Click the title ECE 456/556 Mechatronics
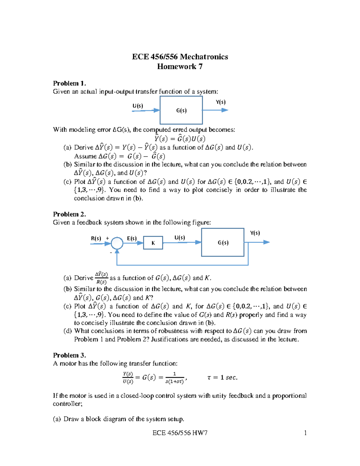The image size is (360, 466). point(180,57)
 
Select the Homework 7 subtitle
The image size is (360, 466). point(180,67)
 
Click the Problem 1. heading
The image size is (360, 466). point(69,83)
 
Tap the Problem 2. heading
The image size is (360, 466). point(69,214)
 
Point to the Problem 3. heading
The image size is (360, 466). point(69,355)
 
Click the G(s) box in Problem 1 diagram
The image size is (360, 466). point(181,110)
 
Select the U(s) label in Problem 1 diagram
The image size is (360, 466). point(138,106)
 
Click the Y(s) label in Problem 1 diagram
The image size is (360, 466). point(220,102)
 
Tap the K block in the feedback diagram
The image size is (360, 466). point(153,243)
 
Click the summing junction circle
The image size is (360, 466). point(117,243)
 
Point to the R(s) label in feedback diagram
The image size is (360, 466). point(96,238)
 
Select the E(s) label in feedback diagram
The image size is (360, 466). point(132,238)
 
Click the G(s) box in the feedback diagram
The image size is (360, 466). point(223,242)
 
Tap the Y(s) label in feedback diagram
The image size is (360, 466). point(255,233)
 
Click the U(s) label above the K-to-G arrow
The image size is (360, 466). point(180,238)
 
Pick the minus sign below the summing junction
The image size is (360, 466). point(111,253)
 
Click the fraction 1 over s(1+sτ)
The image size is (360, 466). point(175,378)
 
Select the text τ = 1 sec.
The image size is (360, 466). point(222,377)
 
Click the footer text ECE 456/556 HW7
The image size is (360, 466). point(180,433)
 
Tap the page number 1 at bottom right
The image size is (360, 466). point(305,433)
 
